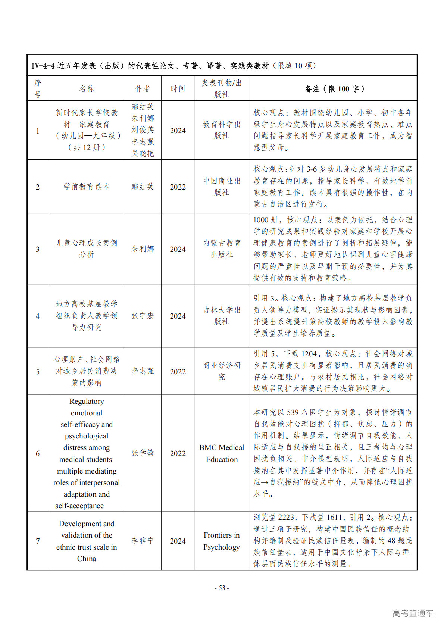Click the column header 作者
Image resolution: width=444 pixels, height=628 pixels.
(x=143, y=89)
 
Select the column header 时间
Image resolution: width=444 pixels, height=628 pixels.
(x=178, y=89)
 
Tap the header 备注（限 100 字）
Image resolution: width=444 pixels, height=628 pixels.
(x=333, y=89)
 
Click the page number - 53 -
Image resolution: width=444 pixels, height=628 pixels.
(x=222, y=588)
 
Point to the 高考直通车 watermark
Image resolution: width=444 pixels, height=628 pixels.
(x=413, y=613)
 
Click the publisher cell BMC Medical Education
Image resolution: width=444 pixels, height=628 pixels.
(x=222, y=453)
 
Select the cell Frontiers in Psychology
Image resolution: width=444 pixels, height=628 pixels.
(x=222, y=541)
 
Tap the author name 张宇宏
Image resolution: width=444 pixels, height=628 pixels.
(x=143, y=316)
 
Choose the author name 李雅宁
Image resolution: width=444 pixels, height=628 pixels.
(x=143, y=541)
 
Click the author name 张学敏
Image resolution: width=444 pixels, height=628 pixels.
(x=143, y=453)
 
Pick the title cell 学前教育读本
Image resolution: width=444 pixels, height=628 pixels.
(x=87, y=187)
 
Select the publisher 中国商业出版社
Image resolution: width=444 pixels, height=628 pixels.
(x=222, y=187)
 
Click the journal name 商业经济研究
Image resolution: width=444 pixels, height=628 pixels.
(x=222, y=371)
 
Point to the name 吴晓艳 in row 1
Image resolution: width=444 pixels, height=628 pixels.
(x=143, y=153)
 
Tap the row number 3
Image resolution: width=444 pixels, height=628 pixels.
(x=38, y=249)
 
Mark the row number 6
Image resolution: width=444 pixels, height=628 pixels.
(x=38, y=453)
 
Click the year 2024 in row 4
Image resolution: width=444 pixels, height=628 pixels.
(x=178, y=316)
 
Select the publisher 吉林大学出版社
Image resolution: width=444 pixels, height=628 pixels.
(x=222, y=316)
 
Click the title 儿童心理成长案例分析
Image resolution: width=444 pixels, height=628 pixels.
(x=87, y=249)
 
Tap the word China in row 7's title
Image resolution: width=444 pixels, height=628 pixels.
(x=87, y=559)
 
